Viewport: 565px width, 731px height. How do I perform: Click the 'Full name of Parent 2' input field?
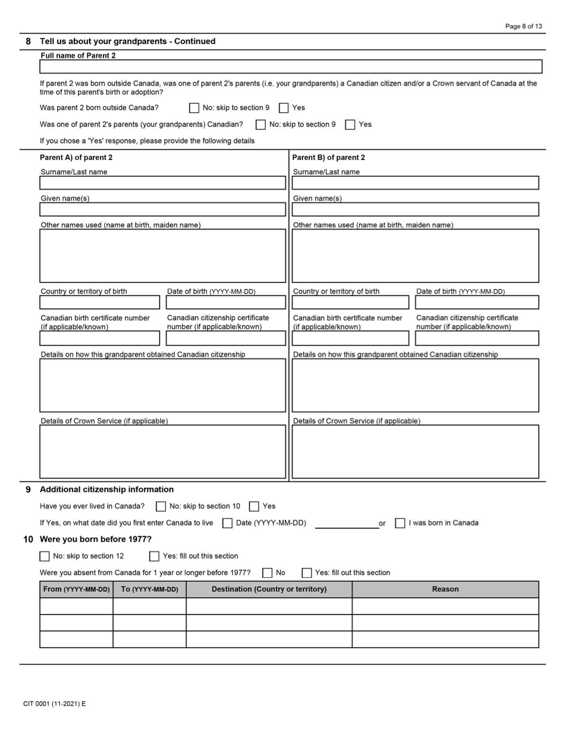coord(291,67)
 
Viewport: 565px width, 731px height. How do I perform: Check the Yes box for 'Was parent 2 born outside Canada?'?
coord(284,108)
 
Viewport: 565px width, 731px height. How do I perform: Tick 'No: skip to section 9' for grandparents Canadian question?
coord(260,125)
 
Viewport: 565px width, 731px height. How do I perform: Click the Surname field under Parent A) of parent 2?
coord(162,183)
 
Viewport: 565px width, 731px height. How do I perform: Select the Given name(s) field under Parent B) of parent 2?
coord(415,210)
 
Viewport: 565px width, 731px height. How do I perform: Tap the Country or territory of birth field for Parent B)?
coord(350,303)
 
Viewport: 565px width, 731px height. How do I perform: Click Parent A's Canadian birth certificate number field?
coord(100,339)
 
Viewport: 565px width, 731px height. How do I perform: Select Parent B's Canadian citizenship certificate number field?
coord(477,339)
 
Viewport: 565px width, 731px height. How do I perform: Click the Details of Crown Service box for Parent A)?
coord(162,452)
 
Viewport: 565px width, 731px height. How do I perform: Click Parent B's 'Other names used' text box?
coord(415,256)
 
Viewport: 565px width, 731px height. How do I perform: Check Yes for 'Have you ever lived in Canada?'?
coord(254,507)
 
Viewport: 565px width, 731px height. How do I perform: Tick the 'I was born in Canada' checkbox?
coord(400,524)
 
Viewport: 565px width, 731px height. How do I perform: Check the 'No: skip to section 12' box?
coord(45,557)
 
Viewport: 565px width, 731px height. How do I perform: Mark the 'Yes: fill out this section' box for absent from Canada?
coord(306,574)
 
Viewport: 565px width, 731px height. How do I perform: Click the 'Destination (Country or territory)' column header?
coord(269,590)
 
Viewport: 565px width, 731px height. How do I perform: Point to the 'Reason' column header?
coord(445,590)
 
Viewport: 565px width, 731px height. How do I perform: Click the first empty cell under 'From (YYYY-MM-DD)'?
coord(76,606)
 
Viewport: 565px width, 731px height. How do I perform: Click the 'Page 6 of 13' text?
coord(523,27)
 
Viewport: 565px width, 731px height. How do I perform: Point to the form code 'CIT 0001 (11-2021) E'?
coord(55,704)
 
